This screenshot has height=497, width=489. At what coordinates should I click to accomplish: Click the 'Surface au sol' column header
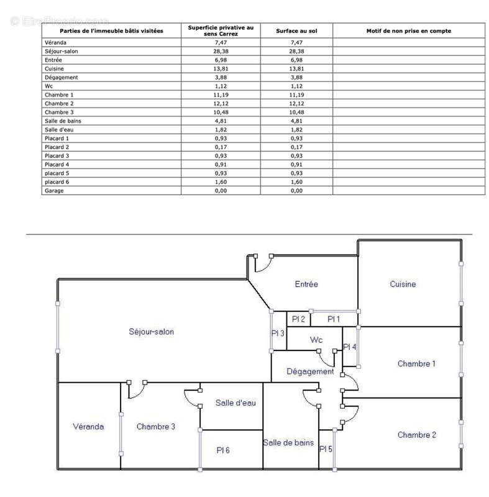pos(296,30)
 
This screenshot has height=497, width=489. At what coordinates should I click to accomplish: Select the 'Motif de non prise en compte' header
pos(408,30)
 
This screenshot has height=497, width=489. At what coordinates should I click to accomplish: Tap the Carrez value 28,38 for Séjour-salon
pos(221,51)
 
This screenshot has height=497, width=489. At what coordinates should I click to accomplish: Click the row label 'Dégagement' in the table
pos(61,77)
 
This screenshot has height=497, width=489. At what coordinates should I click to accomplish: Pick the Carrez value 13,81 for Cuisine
pos(221,68)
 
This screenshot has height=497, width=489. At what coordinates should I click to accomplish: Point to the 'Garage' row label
pos(54,191)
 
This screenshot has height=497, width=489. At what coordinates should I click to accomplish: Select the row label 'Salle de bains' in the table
pos(63,121)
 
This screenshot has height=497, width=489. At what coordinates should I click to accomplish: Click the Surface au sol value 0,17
pos(296,147)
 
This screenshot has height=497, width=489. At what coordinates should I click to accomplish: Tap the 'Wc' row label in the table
pos(49,86)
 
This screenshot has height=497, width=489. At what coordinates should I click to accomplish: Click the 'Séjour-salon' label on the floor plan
pos(151,332)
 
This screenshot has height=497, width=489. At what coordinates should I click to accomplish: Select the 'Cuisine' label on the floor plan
pos(403,284)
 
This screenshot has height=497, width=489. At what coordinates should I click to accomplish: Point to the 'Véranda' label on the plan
pos(88,427)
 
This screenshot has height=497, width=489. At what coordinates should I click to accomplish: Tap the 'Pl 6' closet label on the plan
pos(223,450)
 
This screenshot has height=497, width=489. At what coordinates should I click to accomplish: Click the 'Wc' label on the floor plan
pos(316,340)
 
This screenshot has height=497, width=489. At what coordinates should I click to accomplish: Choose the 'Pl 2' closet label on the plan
pos(298,319)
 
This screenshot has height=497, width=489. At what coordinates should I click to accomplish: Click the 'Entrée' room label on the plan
pos(306,284)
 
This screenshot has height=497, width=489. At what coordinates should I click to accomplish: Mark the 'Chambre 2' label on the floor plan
pos(416,435)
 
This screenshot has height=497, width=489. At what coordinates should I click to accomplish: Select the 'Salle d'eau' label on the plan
pos(235,403)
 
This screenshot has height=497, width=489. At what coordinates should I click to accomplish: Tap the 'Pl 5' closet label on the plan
pos(326,449)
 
